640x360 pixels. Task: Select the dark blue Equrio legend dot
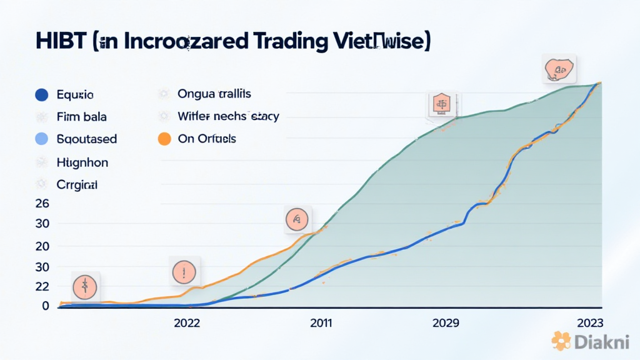pyautogui.click(x=42, y=95)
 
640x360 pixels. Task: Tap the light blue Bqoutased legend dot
pyautogui.click(x=42, y=139)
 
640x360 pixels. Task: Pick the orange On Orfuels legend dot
pyautogui.click(x=164, y=139)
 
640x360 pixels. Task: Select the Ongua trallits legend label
pyautogui.click(x=214, y=94)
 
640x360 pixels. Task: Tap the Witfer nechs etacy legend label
pyautogui.click(x=228, y=116)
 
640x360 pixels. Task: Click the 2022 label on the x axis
pyautogui.click(x=187, y=323)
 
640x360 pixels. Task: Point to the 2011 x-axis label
pyautogui.click(x=321, y=323)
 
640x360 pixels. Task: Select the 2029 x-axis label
pyautogui.click(x=446, y=323)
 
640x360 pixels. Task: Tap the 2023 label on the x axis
pyautogui.click(x=589, y=323)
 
